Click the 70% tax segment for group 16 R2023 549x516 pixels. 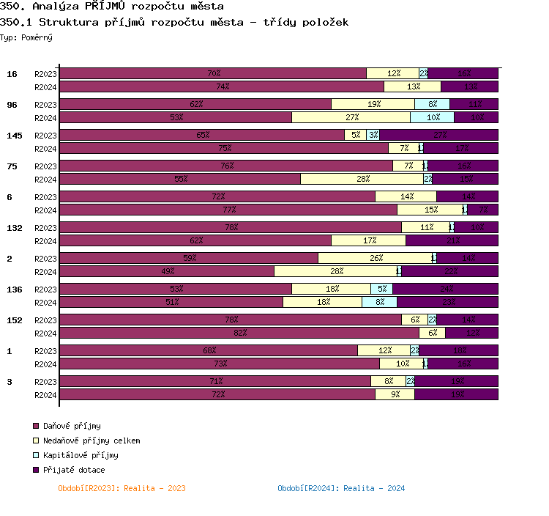point(213,73)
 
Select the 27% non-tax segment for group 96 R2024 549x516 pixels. point(351,117)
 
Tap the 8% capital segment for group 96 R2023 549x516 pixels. point(432,104)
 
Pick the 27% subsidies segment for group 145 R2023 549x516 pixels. point(438,135)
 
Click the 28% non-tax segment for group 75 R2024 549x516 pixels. point(362,179)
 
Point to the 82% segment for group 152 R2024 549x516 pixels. point(239,333)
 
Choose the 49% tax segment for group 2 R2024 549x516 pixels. point(167,271)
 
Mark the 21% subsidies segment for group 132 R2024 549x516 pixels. point(452,240)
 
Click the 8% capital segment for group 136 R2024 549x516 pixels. point(379,302)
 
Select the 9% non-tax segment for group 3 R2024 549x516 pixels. point(395,394)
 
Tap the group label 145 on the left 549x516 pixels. point(15,136)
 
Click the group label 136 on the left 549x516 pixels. point(15,290)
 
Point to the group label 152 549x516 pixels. point(15,320)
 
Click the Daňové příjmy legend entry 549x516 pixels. point(72,426)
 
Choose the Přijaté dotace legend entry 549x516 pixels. point(74,470)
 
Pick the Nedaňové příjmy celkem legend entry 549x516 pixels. point(91,441)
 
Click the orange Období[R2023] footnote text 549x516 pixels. point(122,488)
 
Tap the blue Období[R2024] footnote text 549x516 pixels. point(341,488)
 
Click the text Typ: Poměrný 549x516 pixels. point(26,37)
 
